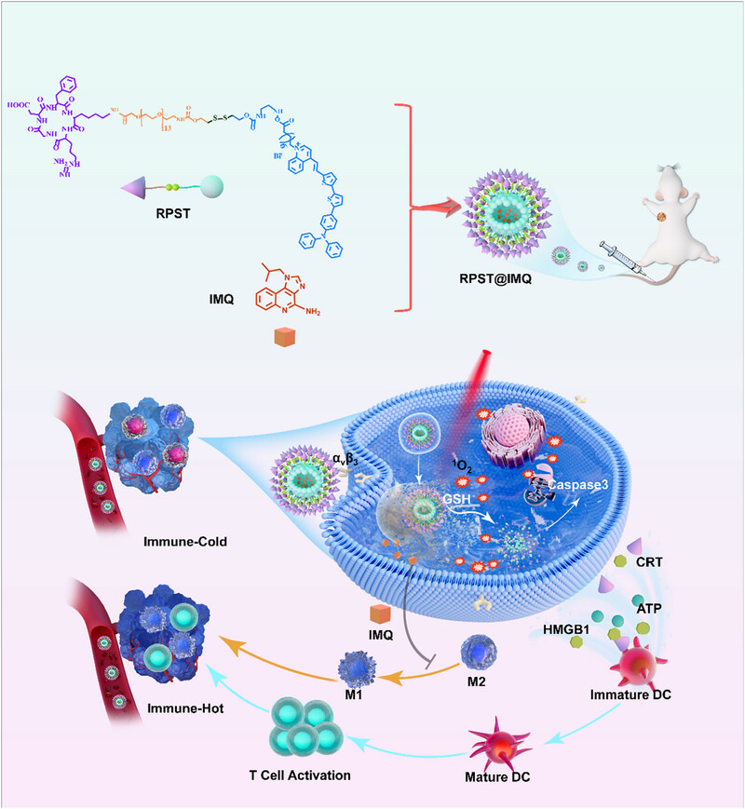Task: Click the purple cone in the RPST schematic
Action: (137, 190)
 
